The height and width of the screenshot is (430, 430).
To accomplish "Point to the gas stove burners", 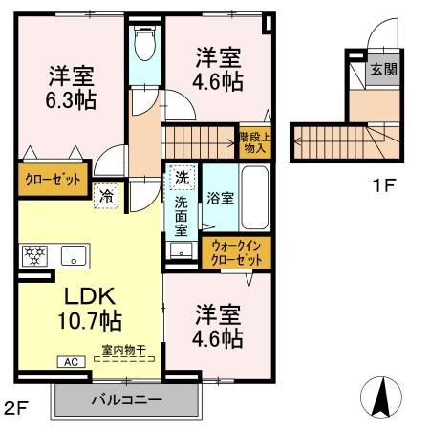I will tap(32, 255).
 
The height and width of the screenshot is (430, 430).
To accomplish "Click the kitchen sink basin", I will tap(72, 255).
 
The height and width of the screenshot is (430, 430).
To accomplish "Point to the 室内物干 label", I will tap(124, 350).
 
